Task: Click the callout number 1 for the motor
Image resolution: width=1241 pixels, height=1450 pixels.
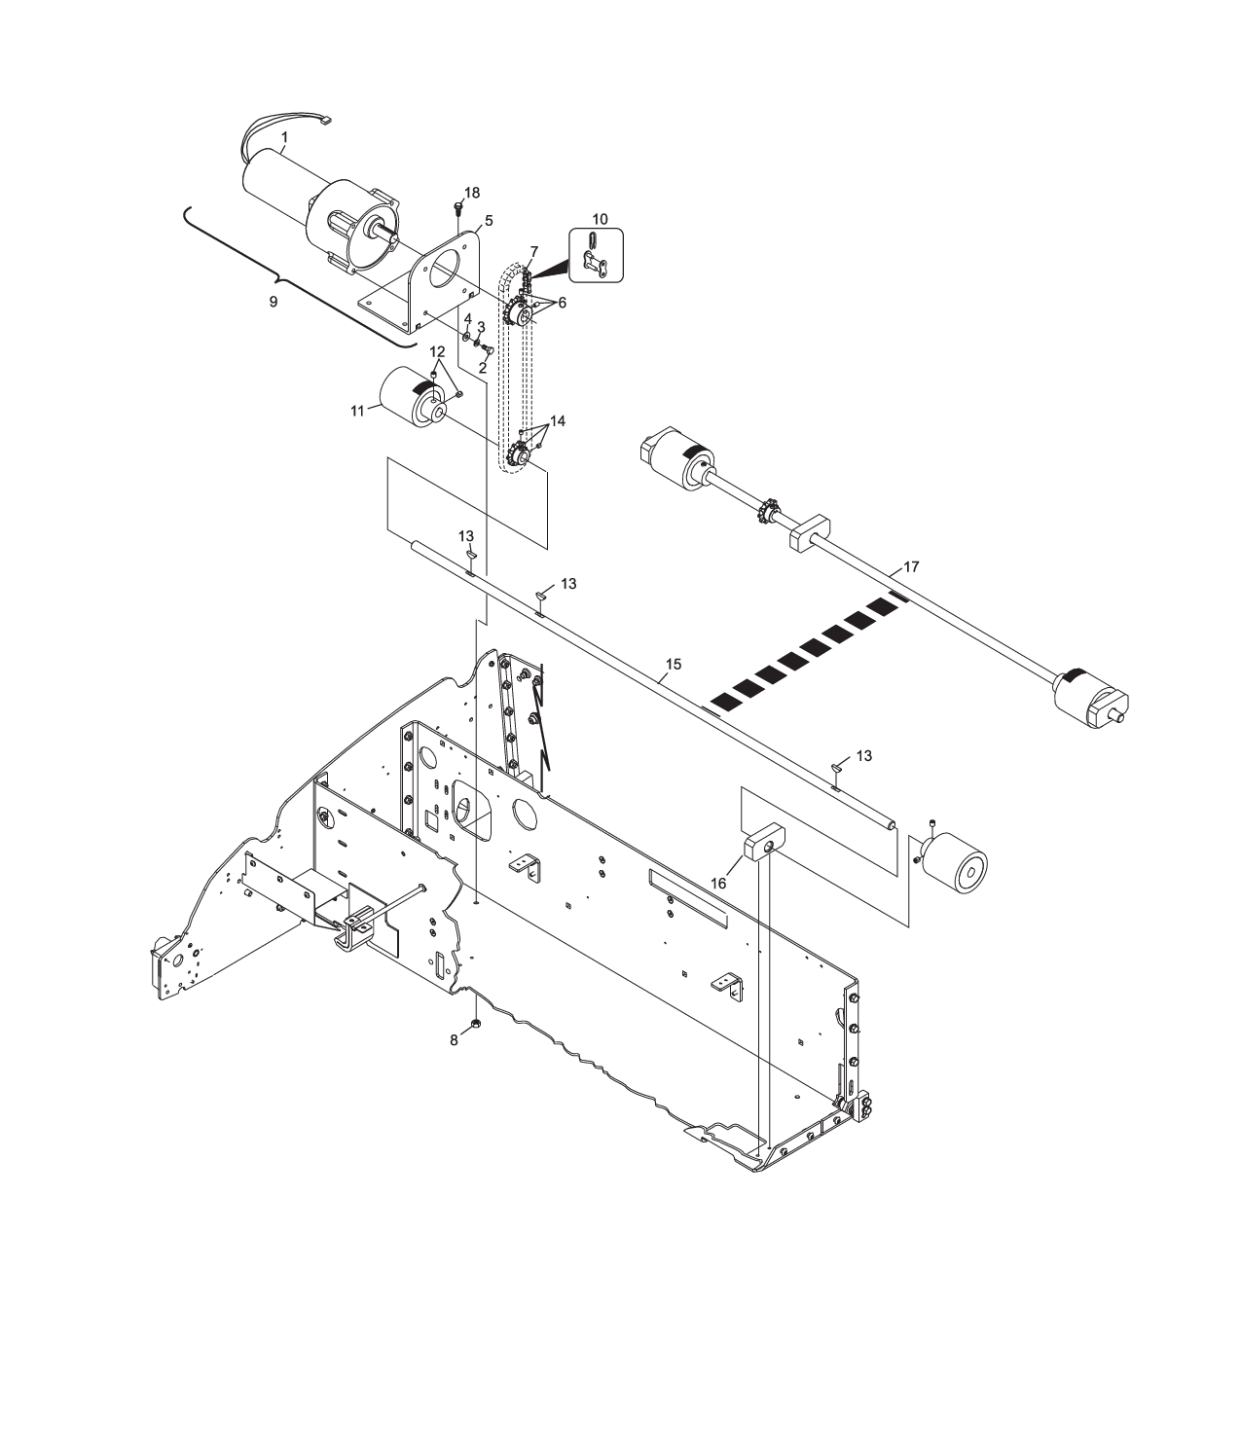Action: [x=284, y=138]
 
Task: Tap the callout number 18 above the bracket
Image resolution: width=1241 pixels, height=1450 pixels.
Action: [x=471, y=193]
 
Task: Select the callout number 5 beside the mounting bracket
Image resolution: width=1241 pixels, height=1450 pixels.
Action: [x=489, y=221]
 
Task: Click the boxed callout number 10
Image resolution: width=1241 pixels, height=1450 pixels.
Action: [x=600, y=220]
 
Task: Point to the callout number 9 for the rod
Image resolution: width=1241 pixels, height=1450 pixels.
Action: [x=274, y=303]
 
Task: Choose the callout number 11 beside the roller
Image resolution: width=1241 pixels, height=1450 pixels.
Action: [x=356, y=412]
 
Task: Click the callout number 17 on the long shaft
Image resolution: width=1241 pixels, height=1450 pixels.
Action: [x=911, y=565]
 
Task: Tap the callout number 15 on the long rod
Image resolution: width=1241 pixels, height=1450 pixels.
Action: [x=673, y=665]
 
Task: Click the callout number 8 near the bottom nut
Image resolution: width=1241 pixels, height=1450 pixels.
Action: [x=454, y=1040]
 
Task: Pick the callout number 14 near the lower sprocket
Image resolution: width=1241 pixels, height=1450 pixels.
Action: [x=557, y=421]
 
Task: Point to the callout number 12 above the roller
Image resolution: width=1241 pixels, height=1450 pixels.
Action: [x=437, y=350]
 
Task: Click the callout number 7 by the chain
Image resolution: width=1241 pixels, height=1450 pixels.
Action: [x=533, y=252]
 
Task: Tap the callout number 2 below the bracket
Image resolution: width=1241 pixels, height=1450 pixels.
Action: [x=482, y=369]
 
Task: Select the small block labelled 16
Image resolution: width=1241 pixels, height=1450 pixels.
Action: [x=765, y=843]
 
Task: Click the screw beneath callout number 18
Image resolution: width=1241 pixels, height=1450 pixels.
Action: [x=458, y=207]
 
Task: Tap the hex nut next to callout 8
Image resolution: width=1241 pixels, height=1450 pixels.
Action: [x=474, y=1024]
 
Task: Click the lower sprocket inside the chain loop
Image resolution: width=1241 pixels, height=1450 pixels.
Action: [x=518, y=453]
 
